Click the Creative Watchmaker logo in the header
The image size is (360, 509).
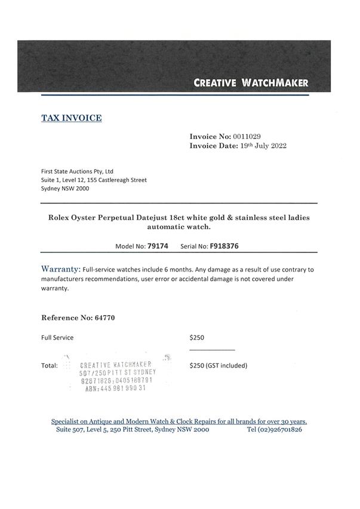pyautogui.click(x=251, y=83)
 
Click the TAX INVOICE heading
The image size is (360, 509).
pyautogui.click(x=71, y=118)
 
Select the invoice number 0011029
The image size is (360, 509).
pyautogui.click(x=247, y=137)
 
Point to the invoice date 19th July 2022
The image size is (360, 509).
pyautogui.click(x=254, y=146)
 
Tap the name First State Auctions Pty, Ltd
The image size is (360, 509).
pyautogui.click(x=77, y=171)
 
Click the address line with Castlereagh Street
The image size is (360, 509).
pyautogui.click(x=94, y=180)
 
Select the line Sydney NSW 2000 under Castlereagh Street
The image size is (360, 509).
pyautogui.click(x=65, y=189)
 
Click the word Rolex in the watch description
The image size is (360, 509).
pyautogui.click(x=61, y=218)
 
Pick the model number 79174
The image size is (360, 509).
pyautogui.click(x=158, y=246)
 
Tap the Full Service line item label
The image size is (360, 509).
pyautogui.click(x=57, y=338)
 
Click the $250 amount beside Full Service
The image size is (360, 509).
pyautogui.click(x=196, y=338)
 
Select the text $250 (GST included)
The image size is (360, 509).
pyautogui.click(x=218, y=365)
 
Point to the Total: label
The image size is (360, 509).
pyautogui.click(x=50, y=365)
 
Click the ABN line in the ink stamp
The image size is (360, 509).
pyautogui.click(x=115, y=388)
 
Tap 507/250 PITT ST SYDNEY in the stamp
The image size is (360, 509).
pyautogui.click(x=118, y=372)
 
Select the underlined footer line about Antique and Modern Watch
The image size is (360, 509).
pyautogui.click(x=179, y=421)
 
